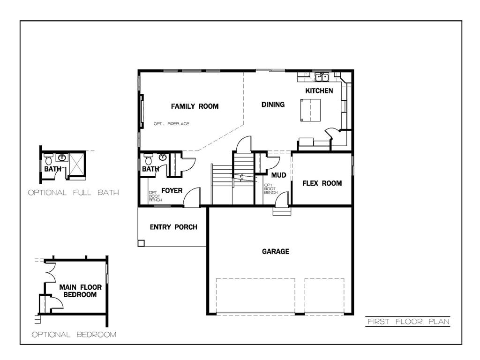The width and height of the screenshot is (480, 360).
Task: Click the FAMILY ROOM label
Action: coord(195,106)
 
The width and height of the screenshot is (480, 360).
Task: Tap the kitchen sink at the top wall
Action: coord(322,77)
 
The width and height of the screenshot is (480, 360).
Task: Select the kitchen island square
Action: coord(310,110)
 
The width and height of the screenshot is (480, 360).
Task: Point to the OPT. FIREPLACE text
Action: coord(172,124)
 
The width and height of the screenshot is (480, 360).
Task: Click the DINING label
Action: coord(273,105)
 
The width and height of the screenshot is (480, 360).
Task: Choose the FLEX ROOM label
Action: coord(322,183)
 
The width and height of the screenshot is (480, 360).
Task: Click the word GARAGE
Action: coord(275,252)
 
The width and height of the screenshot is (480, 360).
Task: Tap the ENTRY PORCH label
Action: coord(173,227)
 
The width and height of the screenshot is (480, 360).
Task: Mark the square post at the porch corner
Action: coord(141,243)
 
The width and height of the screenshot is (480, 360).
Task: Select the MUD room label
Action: coord(278,175)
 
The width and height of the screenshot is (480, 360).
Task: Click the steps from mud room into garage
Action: coord(282,211)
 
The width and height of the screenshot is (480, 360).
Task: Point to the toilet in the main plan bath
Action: coord(148,158)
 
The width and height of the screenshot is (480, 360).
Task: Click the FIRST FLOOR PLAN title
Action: coord(408,322)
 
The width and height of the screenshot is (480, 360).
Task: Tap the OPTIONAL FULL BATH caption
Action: coord(73,193)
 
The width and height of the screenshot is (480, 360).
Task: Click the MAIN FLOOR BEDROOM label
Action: coord(78,291)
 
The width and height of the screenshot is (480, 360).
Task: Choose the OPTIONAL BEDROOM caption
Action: coord(74,335)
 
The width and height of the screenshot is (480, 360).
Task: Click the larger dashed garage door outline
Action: coord(255,296)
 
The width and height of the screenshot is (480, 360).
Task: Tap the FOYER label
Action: coord(172,191)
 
